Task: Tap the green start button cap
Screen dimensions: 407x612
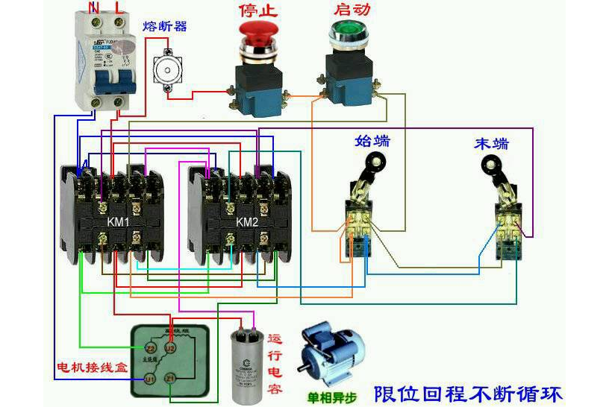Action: pos(345,32)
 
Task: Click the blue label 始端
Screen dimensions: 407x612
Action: pos(371,141)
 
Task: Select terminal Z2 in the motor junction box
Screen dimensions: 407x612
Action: pos(150,347)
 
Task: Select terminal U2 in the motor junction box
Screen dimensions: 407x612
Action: pos(169,347)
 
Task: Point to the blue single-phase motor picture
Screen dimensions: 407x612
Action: pos(332,354)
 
